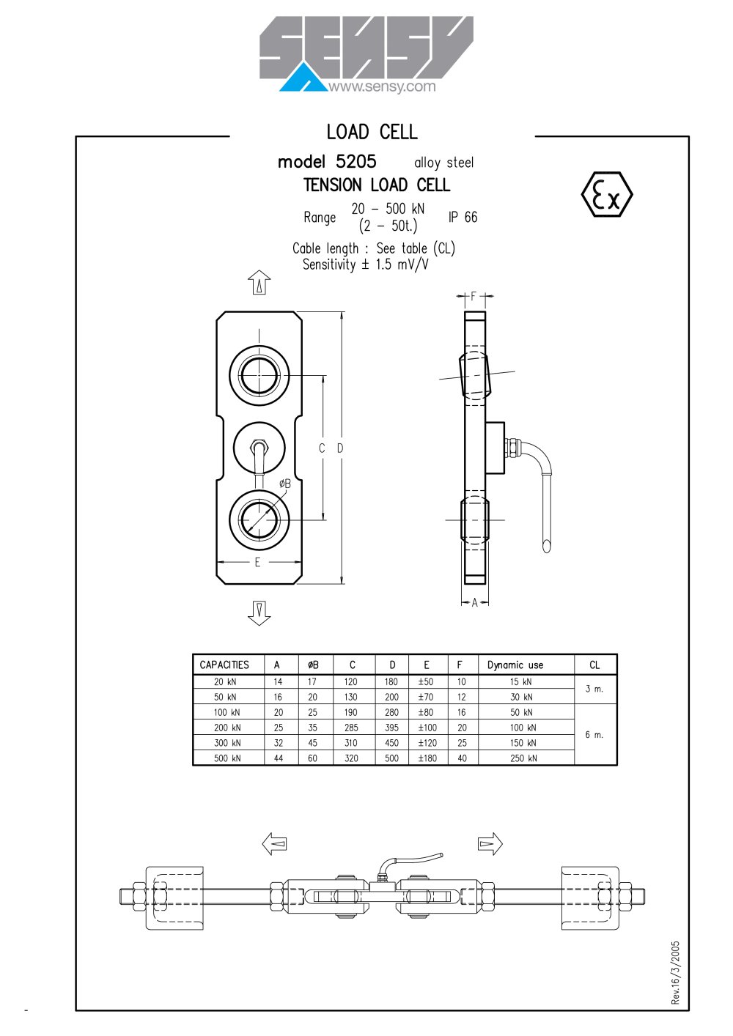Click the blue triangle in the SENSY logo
click(303, 80)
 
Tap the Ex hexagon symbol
click(607, 194)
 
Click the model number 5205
click(356, 161)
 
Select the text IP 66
click(463, 217)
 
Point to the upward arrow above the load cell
click(259, 283)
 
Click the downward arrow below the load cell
click(259, 613)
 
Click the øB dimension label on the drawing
click(285, 484)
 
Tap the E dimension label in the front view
click(258, 562)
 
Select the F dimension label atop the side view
click(473, 296)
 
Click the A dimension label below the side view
click(474, 603)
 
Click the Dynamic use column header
click(515, 665)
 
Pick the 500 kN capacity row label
click(227, 758)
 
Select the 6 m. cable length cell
click(594, 735)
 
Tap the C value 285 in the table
click(351, 728)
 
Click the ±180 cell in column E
click(427, 758)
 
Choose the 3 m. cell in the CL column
click(594, 689)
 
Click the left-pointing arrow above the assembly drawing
click(274, 843)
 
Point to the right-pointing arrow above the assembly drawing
click(490, 843)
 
